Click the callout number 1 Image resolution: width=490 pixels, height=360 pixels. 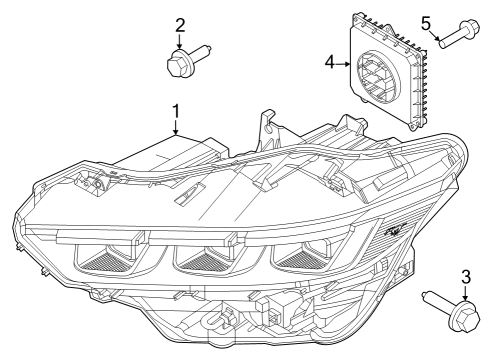pyautogui.click(x=175, y=111)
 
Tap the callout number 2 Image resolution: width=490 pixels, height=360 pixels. pyautogui.click(x=180, y=23)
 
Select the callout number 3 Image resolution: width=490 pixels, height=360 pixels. pyautogui.click(x=465, y=276)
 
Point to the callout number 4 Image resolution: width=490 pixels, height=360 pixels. pyautogui.click(x=329, y=63)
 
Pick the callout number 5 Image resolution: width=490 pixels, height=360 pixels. pyautogui.click(x=425, y=22)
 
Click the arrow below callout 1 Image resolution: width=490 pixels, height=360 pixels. pyautogui.click(x=175, y=127)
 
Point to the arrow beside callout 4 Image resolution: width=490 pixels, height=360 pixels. pyautogui.click(x=343, y=63)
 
